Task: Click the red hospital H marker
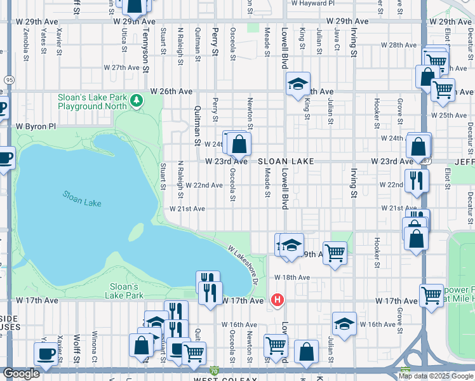[x=277, y=300]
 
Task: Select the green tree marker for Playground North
[x=135, y=100]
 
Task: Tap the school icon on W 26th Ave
[x=297, y=84]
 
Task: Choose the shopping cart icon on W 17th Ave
[x=431, y=295]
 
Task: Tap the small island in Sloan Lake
[x=136, y=232]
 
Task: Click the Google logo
[x=21, y=373]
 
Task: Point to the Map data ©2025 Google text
[x=436, y=376]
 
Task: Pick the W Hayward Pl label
[x=312, y=3]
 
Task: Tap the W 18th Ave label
[x=291, y=277]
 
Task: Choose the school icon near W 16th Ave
[x=344, y=324]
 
